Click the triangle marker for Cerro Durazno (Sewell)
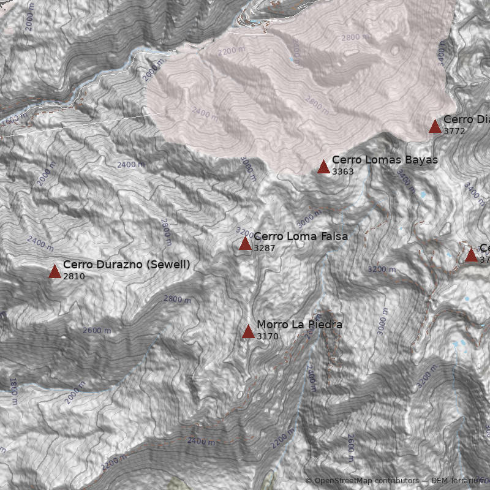point(55,271)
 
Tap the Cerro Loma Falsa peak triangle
point(245,244)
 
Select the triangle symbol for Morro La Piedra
point(248,332)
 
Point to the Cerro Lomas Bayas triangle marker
point(324,167)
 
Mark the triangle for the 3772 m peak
point(435,127)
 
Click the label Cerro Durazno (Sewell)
point(126,265)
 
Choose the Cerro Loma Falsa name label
point(300,236)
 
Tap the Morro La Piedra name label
point(299,325)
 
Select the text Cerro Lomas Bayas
point(385,160)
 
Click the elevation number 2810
point(73,276)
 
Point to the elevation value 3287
point(264,248)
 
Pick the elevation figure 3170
point(268,336)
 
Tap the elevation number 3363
point(343,171)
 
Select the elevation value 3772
point(454,131)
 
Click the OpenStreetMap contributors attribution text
point(366,481)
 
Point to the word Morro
point(271,325)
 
